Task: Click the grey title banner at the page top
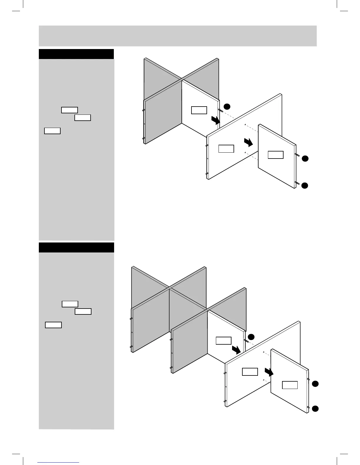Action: [178, 36]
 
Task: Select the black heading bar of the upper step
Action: [76, 54]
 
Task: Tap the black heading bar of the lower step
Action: [76, 247]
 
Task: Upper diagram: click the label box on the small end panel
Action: [276, 155]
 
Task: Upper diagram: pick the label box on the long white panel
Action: [226, 149]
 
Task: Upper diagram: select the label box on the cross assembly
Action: [199, 110]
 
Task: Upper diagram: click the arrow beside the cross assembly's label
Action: [215, 120]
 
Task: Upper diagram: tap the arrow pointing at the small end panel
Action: [249, 142]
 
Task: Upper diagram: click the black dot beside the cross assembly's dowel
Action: [227, 106]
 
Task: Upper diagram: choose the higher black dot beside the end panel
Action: [305, 159]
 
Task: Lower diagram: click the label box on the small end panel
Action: [290, 385]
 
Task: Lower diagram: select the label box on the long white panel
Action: [250, 372]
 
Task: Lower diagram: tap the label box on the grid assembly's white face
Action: [224, 341]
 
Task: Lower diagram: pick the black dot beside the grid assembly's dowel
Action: [251, 336]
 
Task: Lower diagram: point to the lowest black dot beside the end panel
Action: [315, 408]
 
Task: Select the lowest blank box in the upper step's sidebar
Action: [52, 131]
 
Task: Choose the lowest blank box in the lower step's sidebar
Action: [53, 325]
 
